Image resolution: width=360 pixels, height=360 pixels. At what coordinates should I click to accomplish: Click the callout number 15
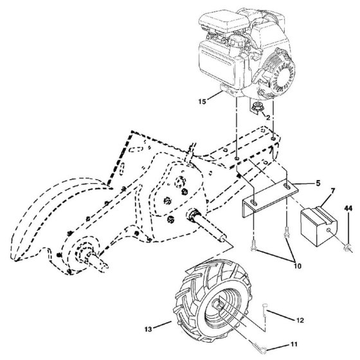pyautogui.click(x=203, y=102)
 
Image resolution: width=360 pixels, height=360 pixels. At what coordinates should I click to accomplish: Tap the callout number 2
pyautogui.click(x=268, y=118)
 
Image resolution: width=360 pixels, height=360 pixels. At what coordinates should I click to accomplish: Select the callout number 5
pyautogui.click(x=318, y=183)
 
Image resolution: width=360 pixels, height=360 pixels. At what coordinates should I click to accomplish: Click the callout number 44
pyautogui.click(x=348, y=208)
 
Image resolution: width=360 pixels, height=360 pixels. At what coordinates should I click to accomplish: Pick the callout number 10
pyautogui.click(x=297, y=266)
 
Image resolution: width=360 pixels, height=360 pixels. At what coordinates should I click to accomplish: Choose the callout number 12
pyautogui.click(x=300, y=320)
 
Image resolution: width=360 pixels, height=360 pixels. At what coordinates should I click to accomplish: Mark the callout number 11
pyautogui.click(x=294, y=344)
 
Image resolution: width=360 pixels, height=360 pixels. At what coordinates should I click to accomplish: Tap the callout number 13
pyautogui.click(x=148, y=329)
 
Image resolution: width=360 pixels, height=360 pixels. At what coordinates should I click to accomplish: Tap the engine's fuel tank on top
pyautogui.click(x=224, y=21)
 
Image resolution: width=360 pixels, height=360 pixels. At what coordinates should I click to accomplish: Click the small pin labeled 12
pyautogui.click(x=265, y=309)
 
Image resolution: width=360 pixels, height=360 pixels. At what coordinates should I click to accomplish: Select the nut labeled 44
pyautogui.click(x=348, y=248)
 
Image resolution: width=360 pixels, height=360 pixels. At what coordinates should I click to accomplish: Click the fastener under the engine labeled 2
pyautogui.click(x=257, y=107)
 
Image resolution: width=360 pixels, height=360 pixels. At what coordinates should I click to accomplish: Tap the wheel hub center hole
pyautogui.click(x=219, y=305)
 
